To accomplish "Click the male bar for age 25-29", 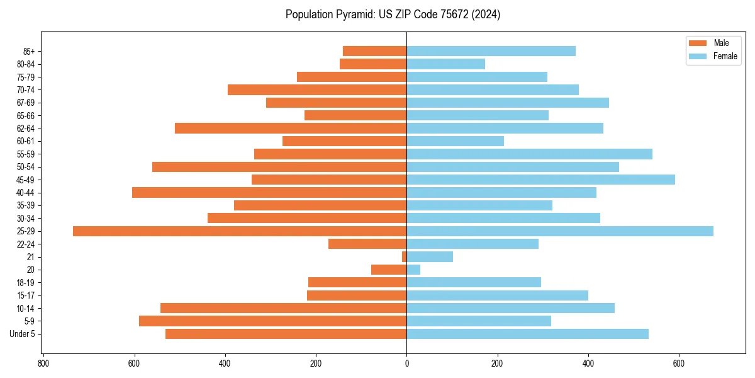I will (x=239, y=231).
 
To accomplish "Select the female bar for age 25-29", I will (x=560, y=231).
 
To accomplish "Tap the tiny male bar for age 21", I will (x=405, y=257).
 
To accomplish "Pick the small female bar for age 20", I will (x=413, y=270).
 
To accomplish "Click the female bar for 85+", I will (x=491, y=51).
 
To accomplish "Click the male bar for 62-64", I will (x=291, y=129).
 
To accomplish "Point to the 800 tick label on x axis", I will (x=43, y=364).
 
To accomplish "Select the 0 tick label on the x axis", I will (x=406, y=364).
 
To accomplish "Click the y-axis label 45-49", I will (x=26, y=180).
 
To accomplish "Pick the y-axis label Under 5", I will (x=23, y=334).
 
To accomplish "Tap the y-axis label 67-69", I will (x=26, y=103).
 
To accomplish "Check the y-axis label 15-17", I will (x=26, y=295).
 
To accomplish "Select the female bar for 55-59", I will (x=529, y=154).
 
